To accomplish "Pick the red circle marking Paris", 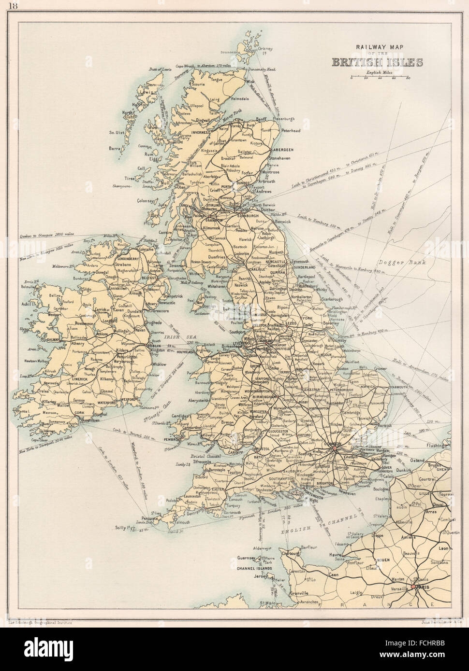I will pos(413,586).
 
